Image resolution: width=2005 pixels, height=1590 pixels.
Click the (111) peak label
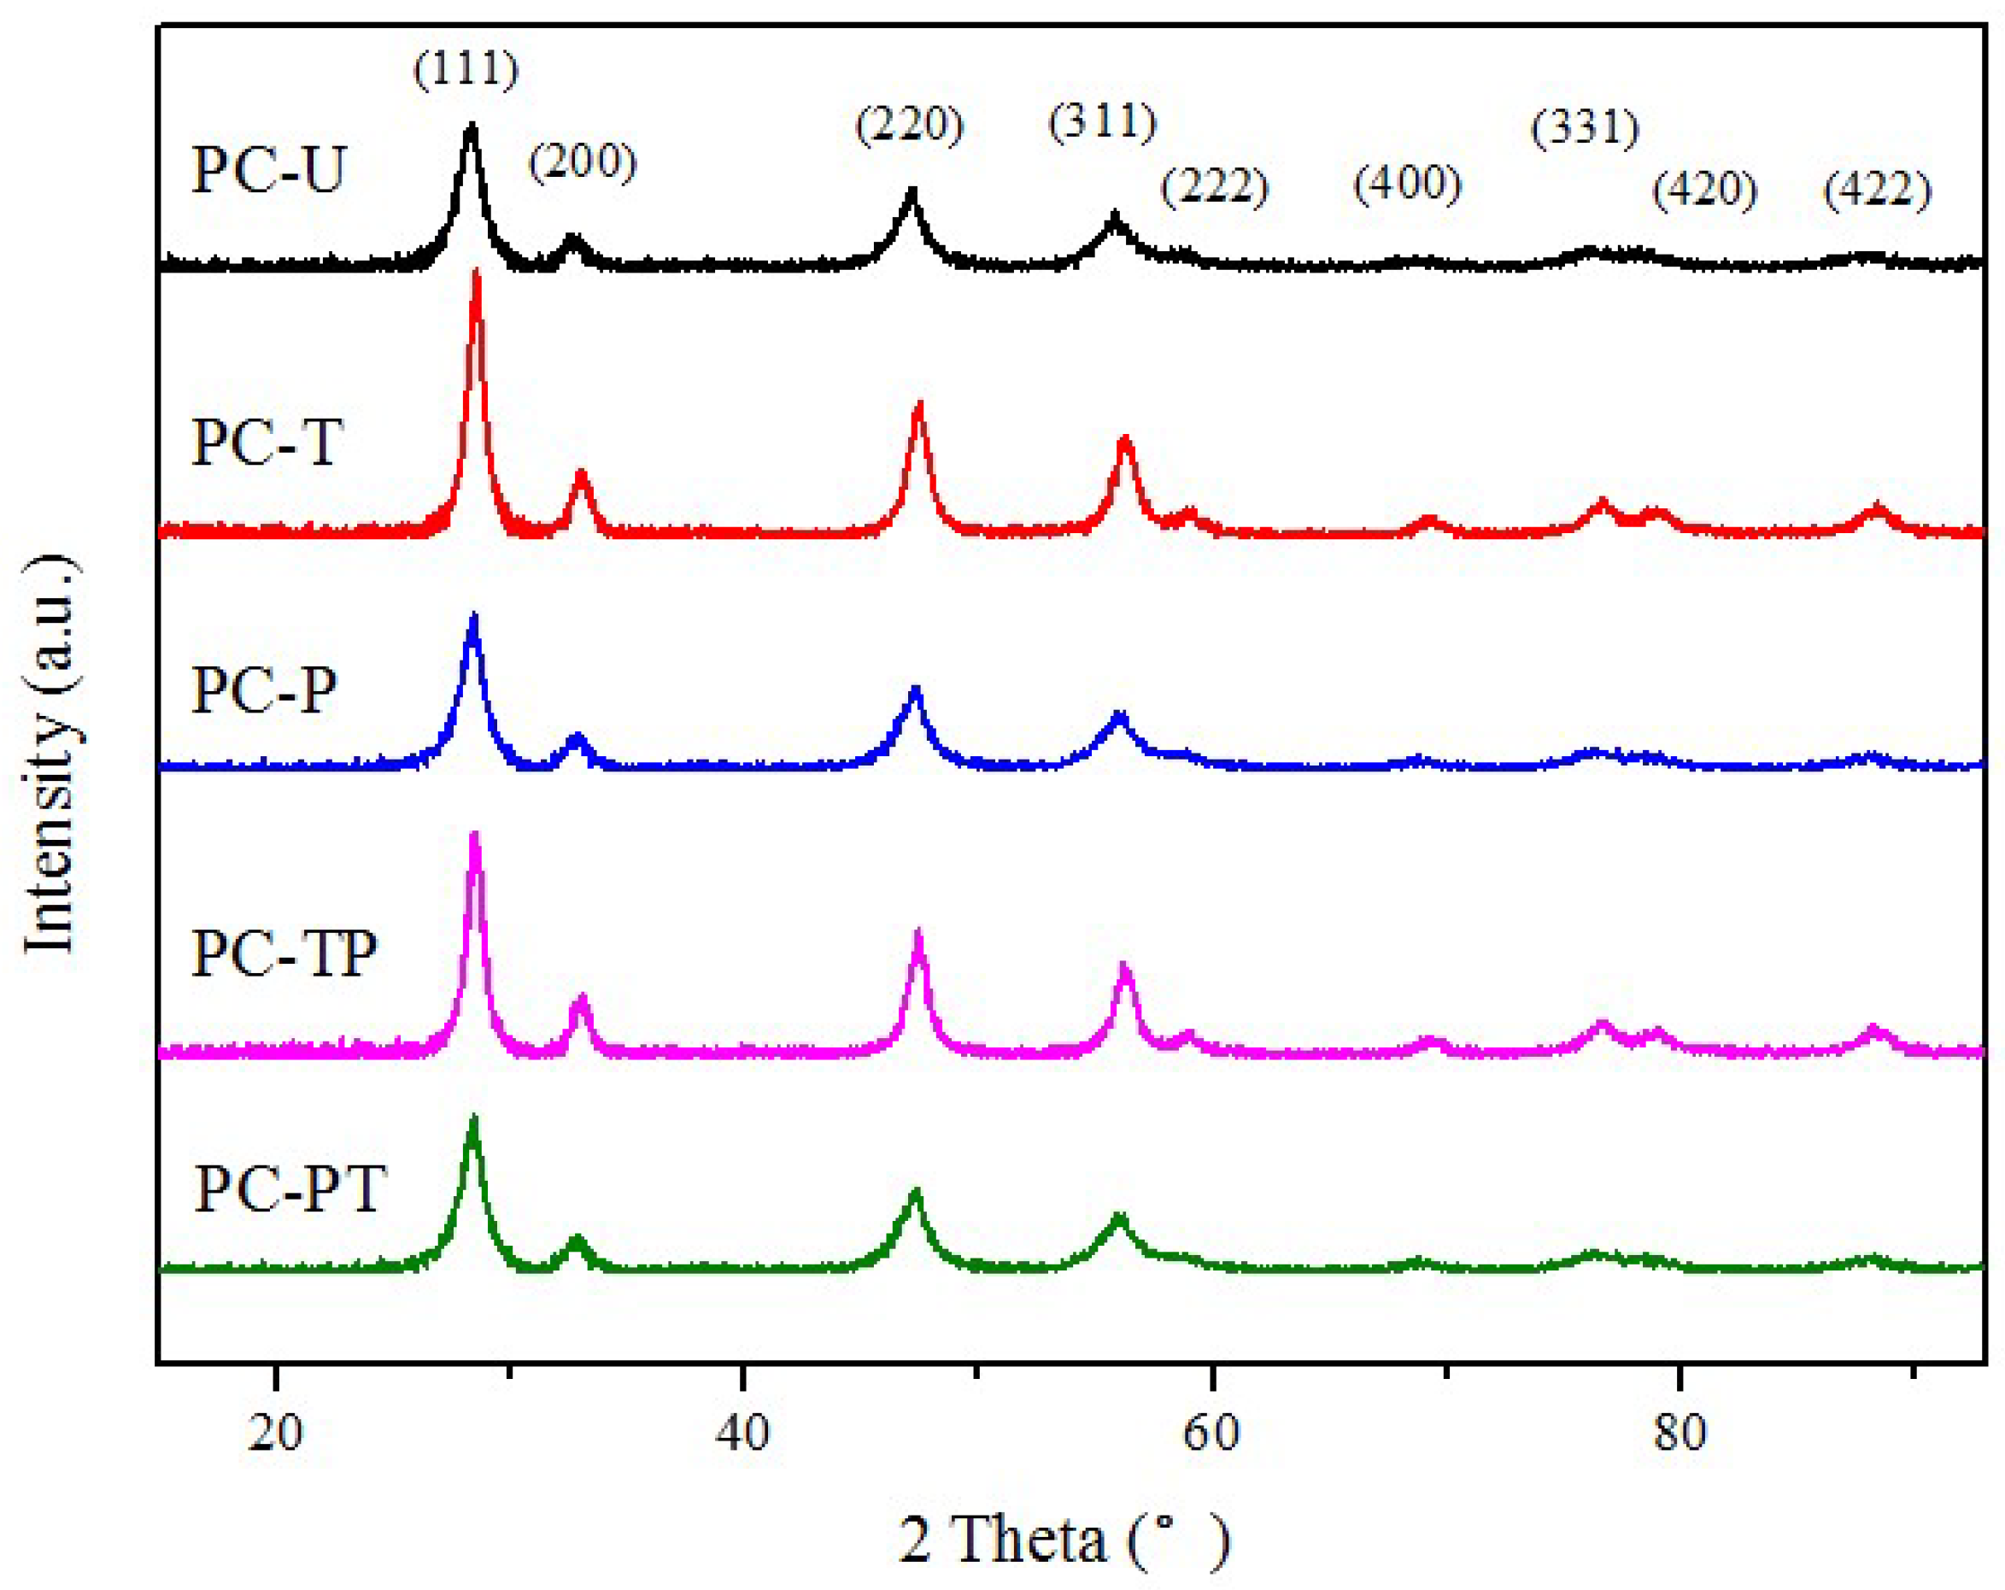point(466,70)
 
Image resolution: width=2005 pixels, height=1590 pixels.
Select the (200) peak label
point(583,161)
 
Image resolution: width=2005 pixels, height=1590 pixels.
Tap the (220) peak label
point(910,125)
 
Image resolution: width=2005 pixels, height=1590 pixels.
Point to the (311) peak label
point(1103,120)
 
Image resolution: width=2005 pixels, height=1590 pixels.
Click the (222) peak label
point(1215,186)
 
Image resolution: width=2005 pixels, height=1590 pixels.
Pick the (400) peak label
point(1407,183)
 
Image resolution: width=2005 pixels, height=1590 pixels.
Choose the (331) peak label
point(1586,127)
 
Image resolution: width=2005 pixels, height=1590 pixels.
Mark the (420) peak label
point(1704,190)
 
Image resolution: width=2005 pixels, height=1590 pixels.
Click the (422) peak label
point(1878,190)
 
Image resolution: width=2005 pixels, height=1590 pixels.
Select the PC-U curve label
point(269,170)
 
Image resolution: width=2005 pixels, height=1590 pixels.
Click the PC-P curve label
point(264,690)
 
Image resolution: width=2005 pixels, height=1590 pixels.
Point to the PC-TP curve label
point(284,953)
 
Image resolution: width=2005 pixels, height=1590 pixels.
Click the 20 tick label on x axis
point(276,1433)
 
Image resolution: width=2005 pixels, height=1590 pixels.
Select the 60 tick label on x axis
point(1211,1433)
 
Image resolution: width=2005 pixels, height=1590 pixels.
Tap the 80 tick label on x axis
point(1680,1433)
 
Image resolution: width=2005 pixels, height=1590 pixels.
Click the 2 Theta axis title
point(1064,1539)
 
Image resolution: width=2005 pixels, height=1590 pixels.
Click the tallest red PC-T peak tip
point(476,273)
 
